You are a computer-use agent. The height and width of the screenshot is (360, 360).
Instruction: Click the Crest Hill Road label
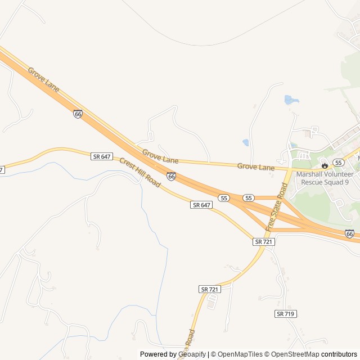[x=139, y=173]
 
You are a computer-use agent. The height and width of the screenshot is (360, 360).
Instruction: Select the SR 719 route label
[x=286, y=313]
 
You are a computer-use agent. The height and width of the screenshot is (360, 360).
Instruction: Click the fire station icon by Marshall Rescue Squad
[x=325, y=165]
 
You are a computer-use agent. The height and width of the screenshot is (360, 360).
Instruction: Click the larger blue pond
[x=291, y=100]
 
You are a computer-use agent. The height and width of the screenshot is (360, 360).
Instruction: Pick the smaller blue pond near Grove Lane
[x=246, y=143]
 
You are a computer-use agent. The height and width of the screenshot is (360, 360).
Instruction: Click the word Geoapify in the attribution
[x=192, y=354]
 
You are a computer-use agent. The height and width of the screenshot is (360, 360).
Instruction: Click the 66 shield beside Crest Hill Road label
[x=171, y=176]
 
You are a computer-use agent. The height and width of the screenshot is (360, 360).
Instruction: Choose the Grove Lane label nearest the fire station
[x=256, y=167]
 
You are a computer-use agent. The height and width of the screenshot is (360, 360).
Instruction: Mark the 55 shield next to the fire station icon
[x=338, y=162]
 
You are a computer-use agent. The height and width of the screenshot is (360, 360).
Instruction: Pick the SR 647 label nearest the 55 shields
[x=201, y=205]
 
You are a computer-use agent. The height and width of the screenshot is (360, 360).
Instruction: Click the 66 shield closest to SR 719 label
[x=349, y=233]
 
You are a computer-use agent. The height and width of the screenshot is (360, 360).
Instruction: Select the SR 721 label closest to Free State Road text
[x=263, y=241]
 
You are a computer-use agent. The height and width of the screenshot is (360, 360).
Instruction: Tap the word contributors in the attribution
[x=339, y=354]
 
